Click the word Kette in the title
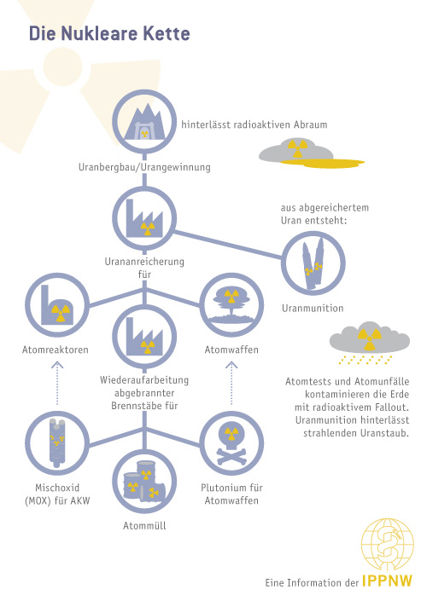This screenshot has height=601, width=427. pyautogui.click(x=167, y=33)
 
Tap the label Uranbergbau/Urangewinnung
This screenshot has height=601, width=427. pyautogui.click(x=144, y=167)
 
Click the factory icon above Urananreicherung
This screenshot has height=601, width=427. pyautogui.click(x=144, y=218)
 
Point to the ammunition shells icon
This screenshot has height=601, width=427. pyautogui.click(x=313, y=263)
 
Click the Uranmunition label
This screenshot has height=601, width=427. pyautogui.click(x=313, y=308)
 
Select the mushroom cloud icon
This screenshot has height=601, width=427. pyautogui.click(x=231, y=305)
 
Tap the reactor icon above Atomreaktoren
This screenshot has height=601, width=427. pyautogui.click(x=57, y=305)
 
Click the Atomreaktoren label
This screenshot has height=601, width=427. pyautogui.click(x=56, y=350)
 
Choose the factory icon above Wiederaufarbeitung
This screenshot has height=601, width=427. pyautogui.click(x=144, y=338)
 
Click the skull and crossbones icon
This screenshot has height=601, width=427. pyautogui.click(x=231, y=444)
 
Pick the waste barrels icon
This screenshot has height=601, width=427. pyautogui.click(x=144, y=482)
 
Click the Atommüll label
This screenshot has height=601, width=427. pyautogui.click(x=144, y=526)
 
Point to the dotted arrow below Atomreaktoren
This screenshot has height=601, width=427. pyautogui.click(x=57, y=383)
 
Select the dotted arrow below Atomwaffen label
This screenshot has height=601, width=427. pyautogui.click(x=231, y=383)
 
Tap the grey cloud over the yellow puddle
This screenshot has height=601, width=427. pyautogui.click(x=295, y=152)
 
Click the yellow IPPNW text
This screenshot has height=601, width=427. pyautogui.click(x=387, y=581)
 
